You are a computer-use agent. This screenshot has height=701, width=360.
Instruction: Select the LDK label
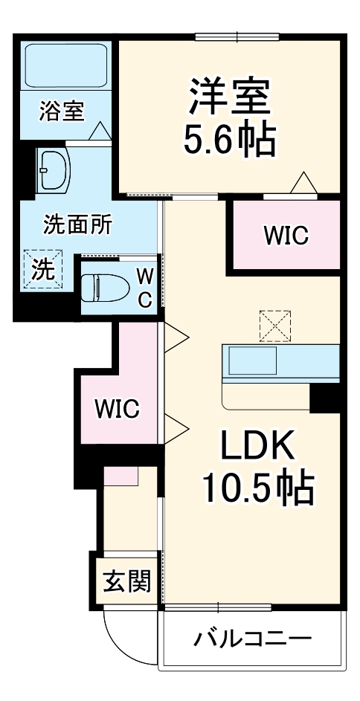tap(257, 447)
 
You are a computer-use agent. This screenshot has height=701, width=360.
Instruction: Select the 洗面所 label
tap(77, 224)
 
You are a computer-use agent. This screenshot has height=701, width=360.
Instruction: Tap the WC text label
tap(146, 288)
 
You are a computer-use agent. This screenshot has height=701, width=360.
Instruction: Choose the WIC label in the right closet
tap(285, 236)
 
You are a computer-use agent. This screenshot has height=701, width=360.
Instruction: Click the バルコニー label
tap(253, 639)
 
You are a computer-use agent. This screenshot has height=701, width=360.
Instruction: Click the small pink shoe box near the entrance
tap(120, 476)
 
